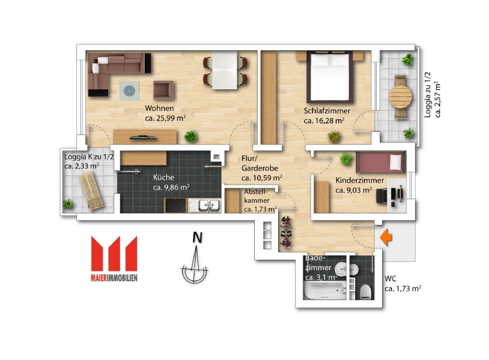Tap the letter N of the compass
point(197,237)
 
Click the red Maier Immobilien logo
point(114,259)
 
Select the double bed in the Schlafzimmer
point(330,77)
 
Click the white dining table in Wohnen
point(225,70)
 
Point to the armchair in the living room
point(163,90)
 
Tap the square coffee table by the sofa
point(130,91)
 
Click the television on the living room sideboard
point(144,137)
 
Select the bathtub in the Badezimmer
point(325,291)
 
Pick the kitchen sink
point(205,205)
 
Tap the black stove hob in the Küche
point(176,205)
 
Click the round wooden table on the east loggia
point(400,97)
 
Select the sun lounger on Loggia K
point(91,190)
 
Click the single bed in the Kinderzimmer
point(381,162)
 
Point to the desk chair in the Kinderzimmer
point(381,196)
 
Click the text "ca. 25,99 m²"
point(166,118)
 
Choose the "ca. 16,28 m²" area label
point(325,120)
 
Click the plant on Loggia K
point(68,204)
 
